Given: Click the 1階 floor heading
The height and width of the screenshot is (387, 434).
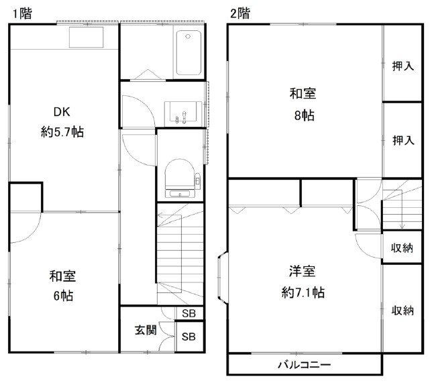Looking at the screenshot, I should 20,12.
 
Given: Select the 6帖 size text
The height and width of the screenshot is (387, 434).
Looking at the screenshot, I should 62,295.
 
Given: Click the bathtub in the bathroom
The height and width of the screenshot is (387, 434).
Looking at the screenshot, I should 188,54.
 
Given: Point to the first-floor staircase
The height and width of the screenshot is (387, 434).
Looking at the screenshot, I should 180,255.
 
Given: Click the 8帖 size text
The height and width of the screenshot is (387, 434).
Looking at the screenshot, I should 304,115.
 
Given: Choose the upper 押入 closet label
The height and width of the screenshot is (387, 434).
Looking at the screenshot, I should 402,66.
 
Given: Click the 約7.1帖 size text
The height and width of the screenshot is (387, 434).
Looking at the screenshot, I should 304,292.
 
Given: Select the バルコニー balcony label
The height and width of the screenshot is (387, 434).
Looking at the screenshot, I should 304,364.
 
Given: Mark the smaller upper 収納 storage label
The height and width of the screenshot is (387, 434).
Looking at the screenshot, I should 402,247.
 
